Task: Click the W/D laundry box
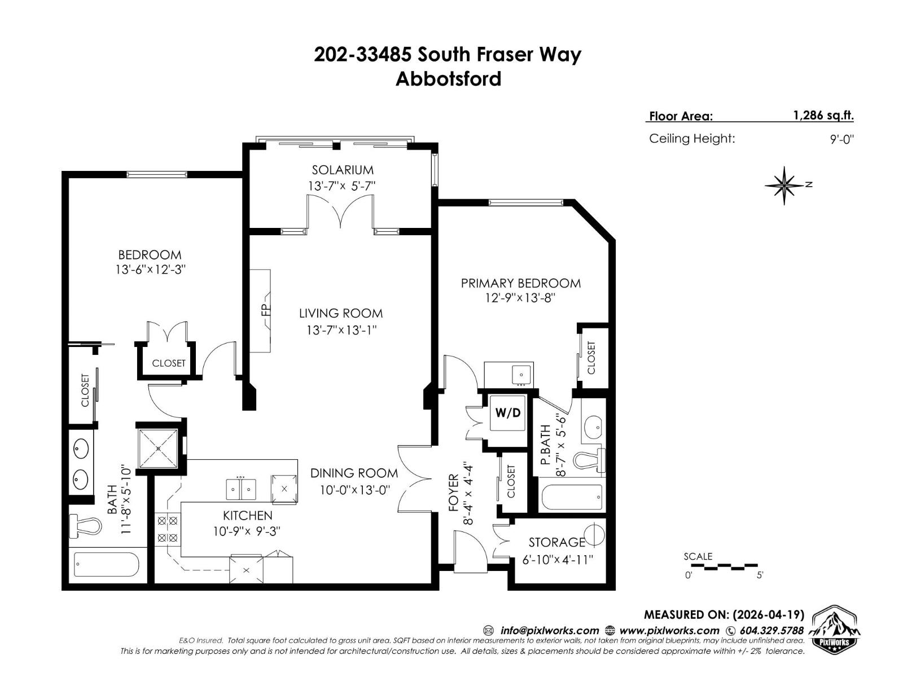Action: tap(507, 413)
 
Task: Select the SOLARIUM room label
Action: tap(343, 170)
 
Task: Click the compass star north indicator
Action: tap(784, 185)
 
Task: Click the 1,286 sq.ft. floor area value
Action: tap(823, 116)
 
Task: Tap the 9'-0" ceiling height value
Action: tap(841, 139)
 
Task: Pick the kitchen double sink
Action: tap(241, 489)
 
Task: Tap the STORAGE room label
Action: tap(556, 542)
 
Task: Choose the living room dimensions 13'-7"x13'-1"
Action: tap(341, 330)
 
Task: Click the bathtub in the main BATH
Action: tap(107, 565)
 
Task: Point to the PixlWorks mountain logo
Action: tap(836, 630)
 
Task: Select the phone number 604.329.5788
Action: tap(771, 631)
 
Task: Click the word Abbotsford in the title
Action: tap(448, 78)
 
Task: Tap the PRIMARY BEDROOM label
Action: tap(520, 283)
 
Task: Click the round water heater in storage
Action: tap(593, 534)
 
